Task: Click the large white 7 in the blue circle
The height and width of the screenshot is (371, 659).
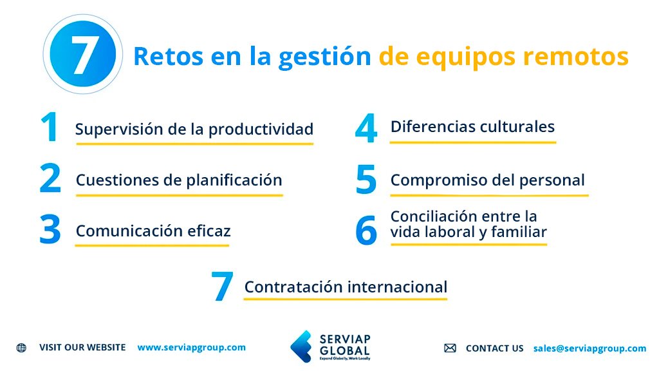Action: coord(83,55)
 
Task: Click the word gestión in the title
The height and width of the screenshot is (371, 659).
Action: coord(325,57)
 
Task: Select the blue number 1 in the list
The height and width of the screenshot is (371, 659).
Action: coord(49,128)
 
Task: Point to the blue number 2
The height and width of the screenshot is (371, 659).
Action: coord(50,179)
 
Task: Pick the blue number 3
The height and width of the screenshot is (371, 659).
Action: coord(50,231)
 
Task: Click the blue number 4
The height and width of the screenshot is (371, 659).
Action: coord(366,128)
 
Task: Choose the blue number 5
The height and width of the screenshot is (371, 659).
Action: coord(366,180)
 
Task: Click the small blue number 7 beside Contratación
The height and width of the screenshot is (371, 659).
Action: coord(221,287)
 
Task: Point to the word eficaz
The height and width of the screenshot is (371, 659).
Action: coord(209,231)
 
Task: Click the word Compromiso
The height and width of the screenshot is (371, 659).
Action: coord(429,181)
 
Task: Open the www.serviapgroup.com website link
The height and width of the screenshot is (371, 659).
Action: coord(191,347)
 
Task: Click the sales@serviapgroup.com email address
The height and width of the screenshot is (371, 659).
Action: coord(589,348)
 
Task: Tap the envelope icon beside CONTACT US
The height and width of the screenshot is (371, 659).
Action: coord(450,348)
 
